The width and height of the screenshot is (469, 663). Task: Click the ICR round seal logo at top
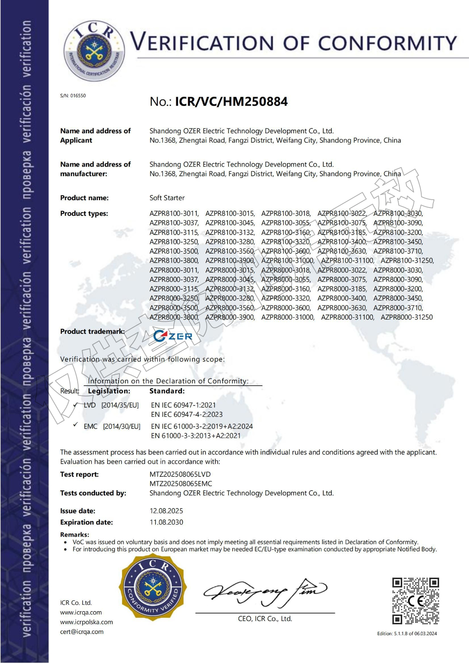(94, 50)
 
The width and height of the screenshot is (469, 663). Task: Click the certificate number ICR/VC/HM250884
(231, 102)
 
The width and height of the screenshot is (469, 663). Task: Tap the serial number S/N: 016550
(73, 96)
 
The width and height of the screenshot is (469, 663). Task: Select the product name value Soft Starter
(167, 198)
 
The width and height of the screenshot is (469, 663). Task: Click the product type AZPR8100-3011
(174, 214)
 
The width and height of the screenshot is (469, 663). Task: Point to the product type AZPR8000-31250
(406, 317)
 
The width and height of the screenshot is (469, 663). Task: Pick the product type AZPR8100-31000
(287, 261)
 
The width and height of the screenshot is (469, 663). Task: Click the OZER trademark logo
(173, 336)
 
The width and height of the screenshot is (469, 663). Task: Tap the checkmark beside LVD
(76, 405)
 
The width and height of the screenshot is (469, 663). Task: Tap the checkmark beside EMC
(76, 425)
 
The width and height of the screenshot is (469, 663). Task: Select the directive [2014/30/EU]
(122, 427)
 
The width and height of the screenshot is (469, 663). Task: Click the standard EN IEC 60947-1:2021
(183, 405)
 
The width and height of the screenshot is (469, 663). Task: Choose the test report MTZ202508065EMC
(181, 484)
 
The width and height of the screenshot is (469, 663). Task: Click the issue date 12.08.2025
(166, 511)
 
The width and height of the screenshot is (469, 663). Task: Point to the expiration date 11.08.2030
(166, 522)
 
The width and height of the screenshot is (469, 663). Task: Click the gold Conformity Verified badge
(153, 587)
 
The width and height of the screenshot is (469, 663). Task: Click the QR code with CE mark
(416, 600)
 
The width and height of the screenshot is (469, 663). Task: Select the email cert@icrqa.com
(82, 632)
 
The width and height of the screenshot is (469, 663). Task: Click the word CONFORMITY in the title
(387, 43)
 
